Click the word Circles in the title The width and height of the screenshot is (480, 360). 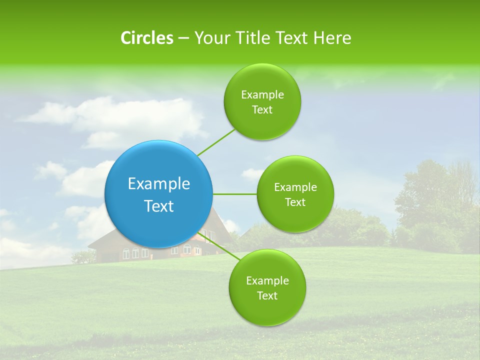[147, 38]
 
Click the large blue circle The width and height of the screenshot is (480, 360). [158, 194]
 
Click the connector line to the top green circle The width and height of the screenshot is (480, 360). [216, 142]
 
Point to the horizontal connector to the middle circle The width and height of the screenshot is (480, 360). [234, 194]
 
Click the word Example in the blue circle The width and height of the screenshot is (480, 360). [158, 183]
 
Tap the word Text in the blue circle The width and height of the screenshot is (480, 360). [158, 206]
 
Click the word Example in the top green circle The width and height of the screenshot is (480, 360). [262, 94]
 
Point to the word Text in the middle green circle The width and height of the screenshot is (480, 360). [295, 202]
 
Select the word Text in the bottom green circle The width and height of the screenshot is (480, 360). [267, 295]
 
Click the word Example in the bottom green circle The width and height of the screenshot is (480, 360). [267, 280]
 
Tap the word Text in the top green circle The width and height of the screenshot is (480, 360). [262, 109]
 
